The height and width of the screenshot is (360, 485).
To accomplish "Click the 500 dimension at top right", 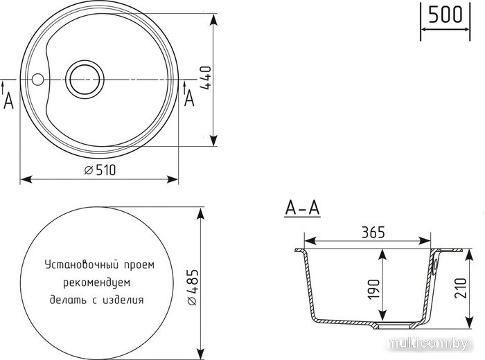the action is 446,15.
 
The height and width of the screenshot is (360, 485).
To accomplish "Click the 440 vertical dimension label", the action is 205,78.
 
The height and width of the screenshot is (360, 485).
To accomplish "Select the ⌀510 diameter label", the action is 100,170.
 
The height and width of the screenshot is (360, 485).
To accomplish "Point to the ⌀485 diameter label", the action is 192,287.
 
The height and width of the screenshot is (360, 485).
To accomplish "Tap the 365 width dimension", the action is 373,233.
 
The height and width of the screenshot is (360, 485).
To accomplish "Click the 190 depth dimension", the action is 373,289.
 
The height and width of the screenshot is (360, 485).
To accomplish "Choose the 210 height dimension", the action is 460,288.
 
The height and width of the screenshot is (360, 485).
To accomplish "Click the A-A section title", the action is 302,208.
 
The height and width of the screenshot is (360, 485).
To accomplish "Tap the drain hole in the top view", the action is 85,80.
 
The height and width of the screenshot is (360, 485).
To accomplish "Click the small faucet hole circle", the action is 37,80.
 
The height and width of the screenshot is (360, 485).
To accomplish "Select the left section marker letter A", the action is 8,101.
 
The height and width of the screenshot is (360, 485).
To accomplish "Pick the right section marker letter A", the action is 189,99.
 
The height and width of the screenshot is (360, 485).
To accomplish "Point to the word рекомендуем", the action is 97,282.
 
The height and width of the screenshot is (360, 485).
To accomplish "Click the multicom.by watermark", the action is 427,343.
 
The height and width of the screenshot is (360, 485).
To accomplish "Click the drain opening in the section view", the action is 394,325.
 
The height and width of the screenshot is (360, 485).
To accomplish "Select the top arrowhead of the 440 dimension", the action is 213,19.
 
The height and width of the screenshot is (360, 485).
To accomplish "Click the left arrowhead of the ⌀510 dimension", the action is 26,179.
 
